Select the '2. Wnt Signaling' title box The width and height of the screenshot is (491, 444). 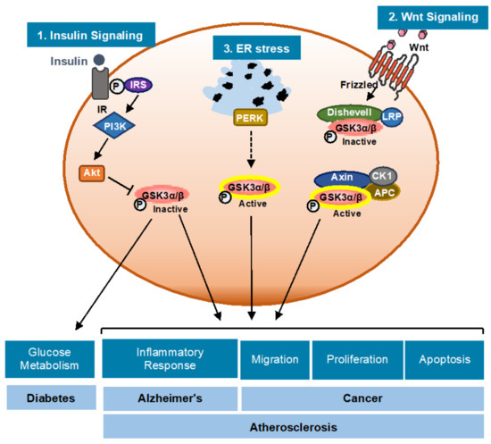pos(427,16)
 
